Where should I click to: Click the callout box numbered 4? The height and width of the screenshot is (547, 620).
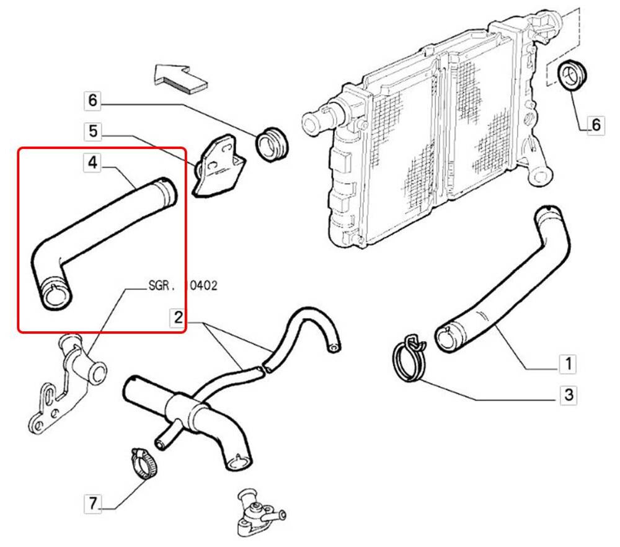(x=92, y=163)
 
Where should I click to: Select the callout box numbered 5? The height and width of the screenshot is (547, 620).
(x=92, y=131)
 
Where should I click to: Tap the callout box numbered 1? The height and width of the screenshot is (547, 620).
(x=567, y=363)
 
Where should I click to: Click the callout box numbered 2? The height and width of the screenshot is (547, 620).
(x=177, y=318)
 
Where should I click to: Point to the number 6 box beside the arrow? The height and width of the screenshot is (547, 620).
(x=92, y=100)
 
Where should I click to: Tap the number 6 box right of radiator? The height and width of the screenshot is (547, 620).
(x=595, y=125)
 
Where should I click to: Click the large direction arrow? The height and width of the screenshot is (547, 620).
(x=180, y=78)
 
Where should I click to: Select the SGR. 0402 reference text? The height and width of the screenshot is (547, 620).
(x=183, y=287)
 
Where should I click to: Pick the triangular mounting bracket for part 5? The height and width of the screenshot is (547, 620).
(x=219, y=166)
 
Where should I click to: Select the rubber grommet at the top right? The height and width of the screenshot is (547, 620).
(x=573, y=76)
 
